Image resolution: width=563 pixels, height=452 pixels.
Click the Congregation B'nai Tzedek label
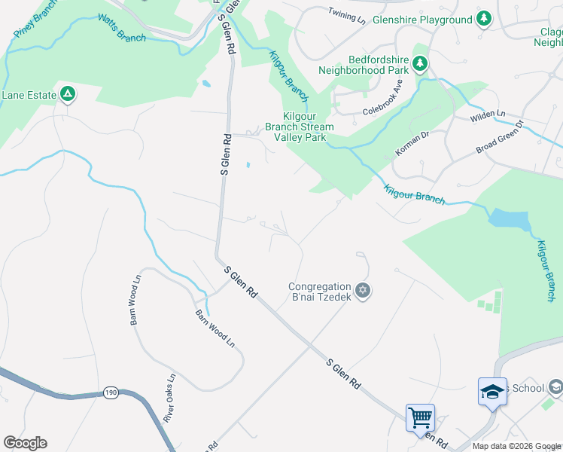coord(320,292)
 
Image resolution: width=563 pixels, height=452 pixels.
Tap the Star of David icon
coord(363,291)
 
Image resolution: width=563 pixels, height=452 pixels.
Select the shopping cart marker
coord(420,417)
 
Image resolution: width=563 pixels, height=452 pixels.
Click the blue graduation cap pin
coord(492,392)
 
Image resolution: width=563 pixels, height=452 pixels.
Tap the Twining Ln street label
coord(346,15)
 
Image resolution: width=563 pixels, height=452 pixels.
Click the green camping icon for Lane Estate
coord(68,94)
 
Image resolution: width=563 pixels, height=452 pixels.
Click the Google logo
coord(25,443)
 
